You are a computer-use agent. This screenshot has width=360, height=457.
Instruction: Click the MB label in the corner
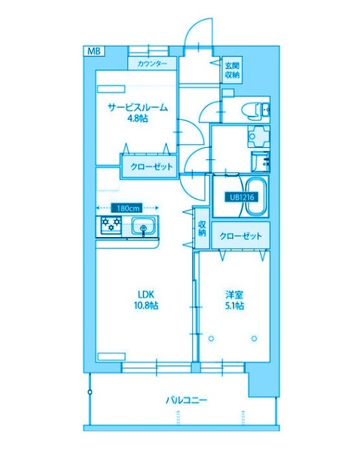(94, 51)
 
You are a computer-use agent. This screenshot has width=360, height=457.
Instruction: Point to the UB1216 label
(239, 198)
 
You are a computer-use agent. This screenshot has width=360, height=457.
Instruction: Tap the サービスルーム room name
(137, 107)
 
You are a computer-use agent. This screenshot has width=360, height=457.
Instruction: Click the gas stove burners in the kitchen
(111, 226)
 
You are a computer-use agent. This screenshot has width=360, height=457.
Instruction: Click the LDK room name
(146, 293)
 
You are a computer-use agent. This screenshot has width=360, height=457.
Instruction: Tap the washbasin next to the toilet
(266, 109)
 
